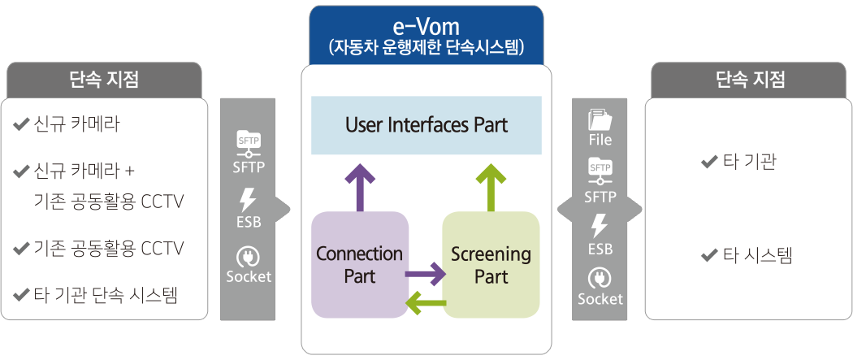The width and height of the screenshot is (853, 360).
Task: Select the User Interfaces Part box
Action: [426, 125]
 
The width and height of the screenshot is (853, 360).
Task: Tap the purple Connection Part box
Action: [359, 264]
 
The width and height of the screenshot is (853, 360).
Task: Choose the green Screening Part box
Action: [491, 264]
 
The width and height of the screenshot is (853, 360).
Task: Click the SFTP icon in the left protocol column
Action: [248, 143]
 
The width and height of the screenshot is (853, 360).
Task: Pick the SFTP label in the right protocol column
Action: [600, 197]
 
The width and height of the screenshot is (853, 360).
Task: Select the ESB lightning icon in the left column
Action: [248, 200]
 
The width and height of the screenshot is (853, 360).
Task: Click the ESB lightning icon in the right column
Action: [600, 225]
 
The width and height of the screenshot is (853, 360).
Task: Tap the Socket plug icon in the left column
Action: [248, 257]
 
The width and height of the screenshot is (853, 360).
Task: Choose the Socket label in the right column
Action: [600, 299]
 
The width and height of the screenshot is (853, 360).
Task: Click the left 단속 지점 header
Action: [104, 80]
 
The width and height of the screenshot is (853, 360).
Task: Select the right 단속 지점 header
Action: [750, 80]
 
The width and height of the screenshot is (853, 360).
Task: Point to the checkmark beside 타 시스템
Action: [708, 257]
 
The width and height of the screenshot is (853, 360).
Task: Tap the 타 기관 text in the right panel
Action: [749, 163]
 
